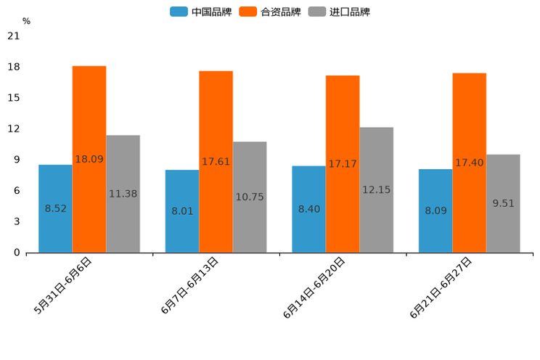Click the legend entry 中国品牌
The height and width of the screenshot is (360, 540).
tap(201, 12)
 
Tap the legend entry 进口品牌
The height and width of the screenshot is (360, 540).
tap(339, 12)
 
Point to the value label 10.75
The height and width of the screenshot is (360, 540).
tap(250, 197)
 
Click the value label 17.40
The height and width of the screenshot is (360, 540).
tap(470, 163)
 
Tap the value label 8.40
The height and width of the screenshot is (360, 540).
tap(309, 209)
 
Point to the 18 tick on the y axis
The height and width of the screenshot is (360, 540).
tap(15, 67)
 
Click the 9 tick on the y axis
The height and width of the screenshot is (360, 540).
tap(17, 160)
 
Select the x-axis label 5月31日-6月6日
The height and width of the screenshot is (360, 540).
tap(63, 285)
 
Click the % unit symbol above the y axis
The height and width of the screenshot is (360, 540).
tap(26, 21)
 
